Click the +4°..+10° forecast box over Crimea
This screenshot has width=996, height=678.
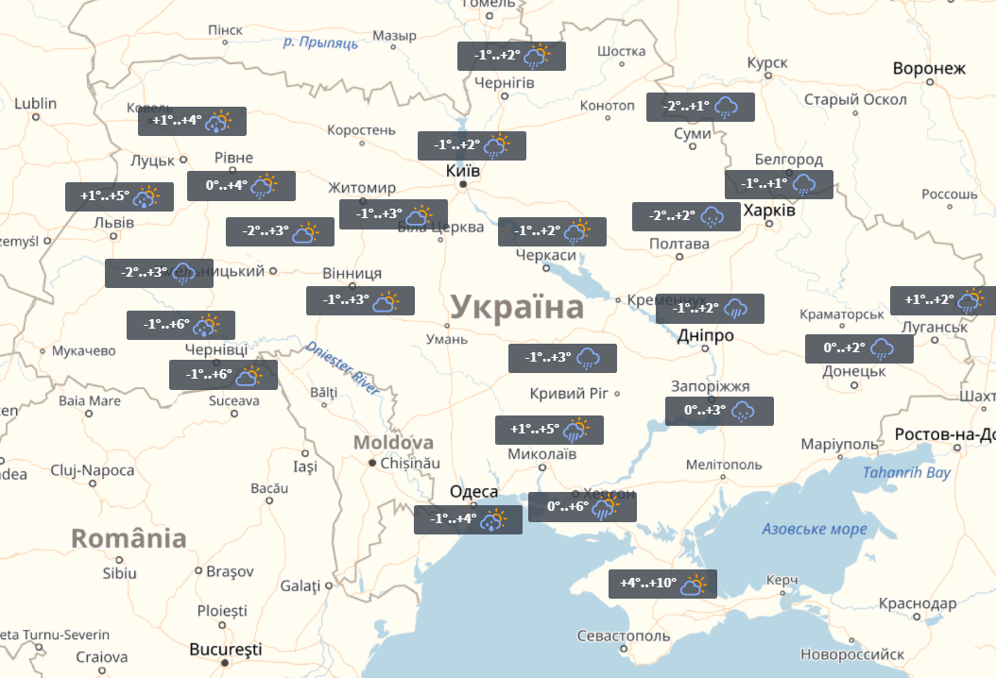tap(662, 584)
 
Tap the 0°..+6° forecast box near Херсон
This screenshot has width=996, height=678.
tap(582, 507)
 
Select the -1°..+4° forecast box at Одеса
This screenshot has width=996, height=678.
tap(468, 519)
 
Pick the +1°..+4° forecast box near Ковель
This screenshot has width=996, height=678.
tap(192, 121)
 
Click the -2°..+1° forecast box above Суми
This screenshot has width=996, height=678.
tap(700, 107)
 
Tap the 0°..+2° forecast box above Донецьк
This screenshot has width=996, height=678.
tap(859, 348)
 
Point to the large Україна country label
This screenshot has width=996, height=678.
tap(517, 308)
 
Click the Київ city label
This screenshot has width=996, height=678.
tap(463, 171)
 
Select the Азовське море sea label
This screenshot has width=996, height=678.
tap(814, 529)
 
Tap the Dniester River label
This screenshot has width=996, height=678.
tap(342, 366)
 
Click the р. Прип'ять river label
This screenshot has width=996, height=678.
tap(320, 42)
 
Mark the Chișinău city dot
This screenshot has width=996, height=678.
tap(373, 463)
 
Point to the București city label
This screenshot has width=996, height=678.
tap(226, 650)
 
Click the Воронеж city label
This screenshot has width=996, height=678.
tap(930, 69)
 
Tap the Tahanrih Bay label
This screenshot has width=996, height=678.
tap(907, 473)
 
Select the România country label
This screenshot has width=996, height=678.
tap(129, 538)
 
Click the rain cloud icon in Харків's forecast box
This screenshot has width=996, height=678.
tap(804, 184)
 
